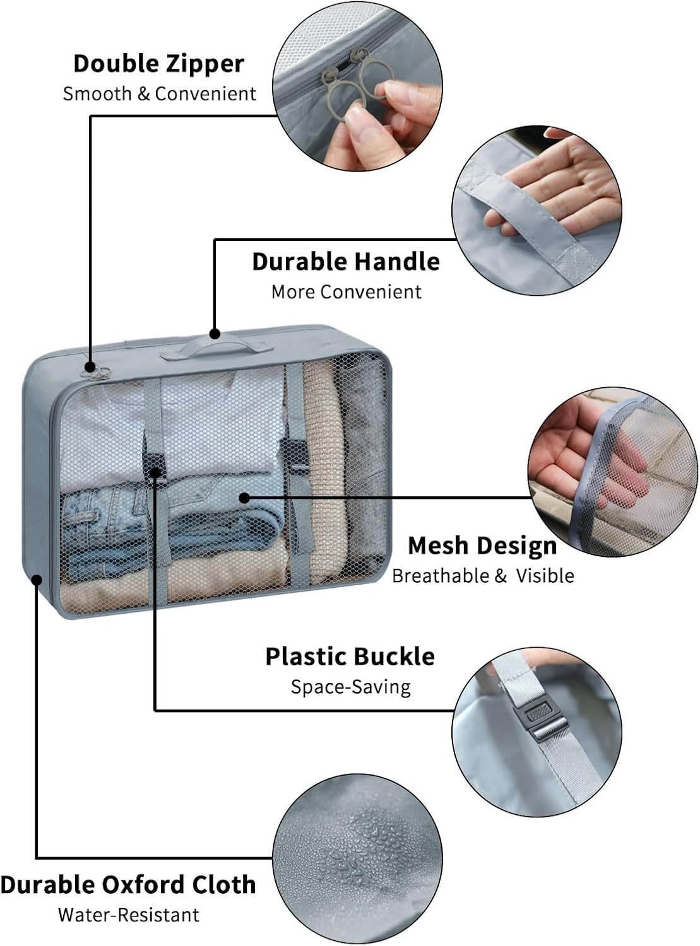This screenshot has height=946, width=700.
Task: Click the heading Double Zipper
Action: click(158, 64)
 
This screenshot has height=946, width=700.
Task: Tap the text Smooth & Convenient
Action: click(159, 94)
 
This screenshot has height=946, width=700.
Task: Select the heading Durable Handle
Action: click(345, 262)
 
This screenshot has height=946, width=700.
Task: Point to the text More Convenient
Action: click(346, 292)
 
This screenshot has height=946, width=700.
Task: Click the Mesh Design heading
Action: click(482, 546)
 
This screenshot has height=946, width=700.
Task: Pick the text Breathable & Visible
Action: click(483, 576)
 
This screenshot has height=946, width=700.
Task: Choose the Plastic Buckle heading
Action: click(350, 657)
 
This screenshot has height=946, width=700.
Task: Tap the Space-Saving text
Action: click(350, 687)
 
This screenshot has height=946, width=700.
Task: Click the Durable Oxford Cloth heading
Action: click(128, 885)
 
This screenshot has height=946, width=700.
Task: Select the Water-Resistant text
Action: click(128, 915)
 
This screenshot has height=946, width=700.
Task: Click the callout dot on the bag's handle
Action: click(215, 333)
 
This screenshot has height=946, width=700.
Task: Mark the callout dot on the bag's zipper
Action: click(90, 366)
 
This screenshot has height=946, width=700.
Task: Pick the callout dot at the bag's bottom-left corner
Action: click(37, 578)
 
